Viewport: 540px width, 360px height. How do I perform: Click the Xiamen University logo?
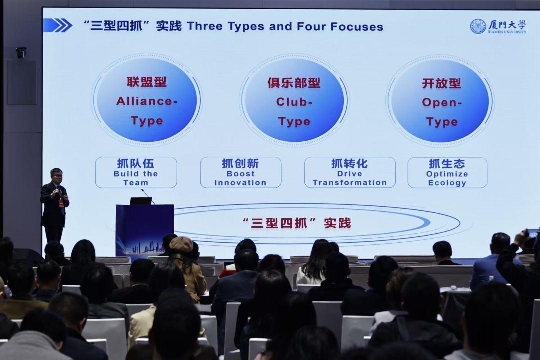point(498,26)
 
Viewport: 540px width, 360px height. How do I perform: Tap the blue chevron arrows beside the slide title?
point(58,26)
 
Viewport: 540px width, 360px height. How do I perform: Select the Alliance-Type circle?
point(147,100)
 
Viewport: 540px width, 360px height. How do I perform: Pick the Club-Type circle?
point(294,100)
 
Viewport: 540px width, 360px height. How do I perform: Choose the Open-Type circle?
point(440,101)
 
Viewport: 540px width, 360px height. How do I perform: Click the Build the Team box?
point(136,172)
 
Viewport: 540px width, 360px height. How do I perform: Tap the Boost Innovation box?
point(240,172)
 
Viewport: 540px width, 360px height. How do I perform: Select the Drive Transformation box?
point(350,172)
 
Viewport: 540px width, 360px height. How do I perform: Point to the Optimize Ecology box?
point(447,173)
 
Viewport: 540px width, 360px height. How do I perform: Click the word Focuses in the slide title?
point(357,26)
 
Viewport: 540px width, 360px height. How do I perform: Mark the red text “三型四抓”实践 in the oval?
point(297,223)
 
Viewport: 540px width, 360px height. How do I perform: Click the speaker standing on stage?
point(55,205)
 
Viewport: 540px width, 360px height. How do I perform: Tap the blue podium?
point(144,231)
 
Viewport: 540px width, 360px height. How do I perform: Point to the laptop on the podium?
point(141,201)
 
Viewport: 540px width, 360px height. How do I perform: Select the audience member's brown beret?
point(181,244)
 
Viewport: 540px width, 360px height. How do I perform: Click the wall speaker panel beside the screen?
point(22,82)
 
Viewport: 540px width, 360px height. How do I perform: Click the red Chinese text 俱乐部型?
point(294,83)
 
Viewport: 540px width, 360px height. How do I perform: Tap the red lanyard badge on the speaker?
point(61,203)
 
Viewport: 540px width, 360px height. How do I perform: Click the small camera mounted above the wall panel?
point(21,52)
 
